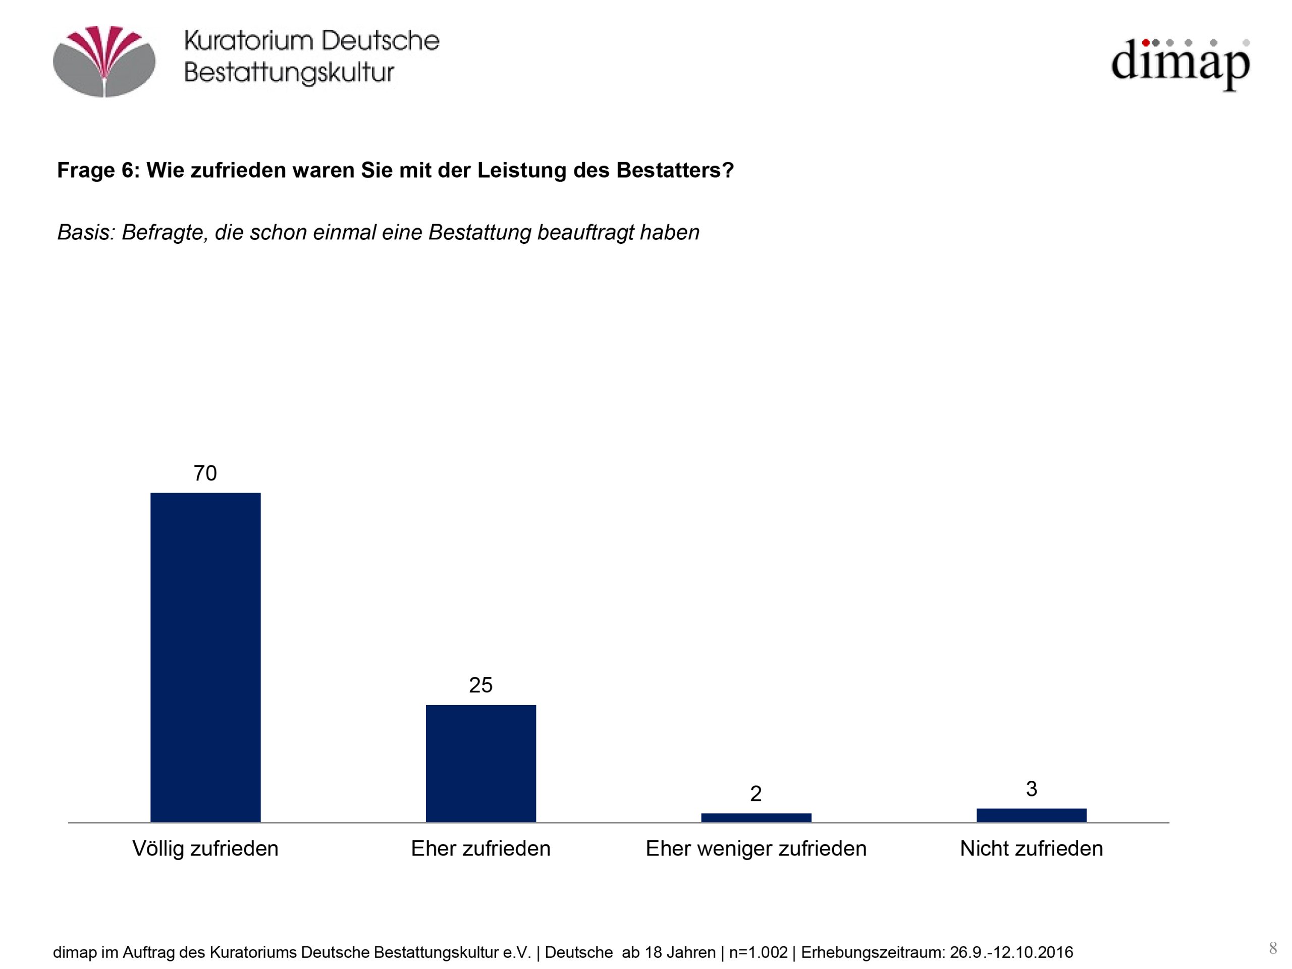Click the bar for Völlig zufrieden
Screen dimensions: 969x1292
[205, 657]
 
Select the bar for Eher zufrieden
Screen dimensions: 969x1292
[480, 764]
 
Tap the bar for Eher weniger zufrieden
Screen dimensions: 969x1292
[756, 818]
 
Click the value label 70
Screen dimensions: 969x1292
[205, 473]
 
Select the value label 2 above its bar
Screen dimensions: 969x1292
[756, 794]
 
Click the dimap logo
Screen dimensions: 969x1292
[1180, 63]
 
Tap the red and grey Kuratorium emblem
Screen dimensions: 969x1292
[104, 62]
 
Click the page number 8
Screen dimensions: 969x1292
[1273, 948]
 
